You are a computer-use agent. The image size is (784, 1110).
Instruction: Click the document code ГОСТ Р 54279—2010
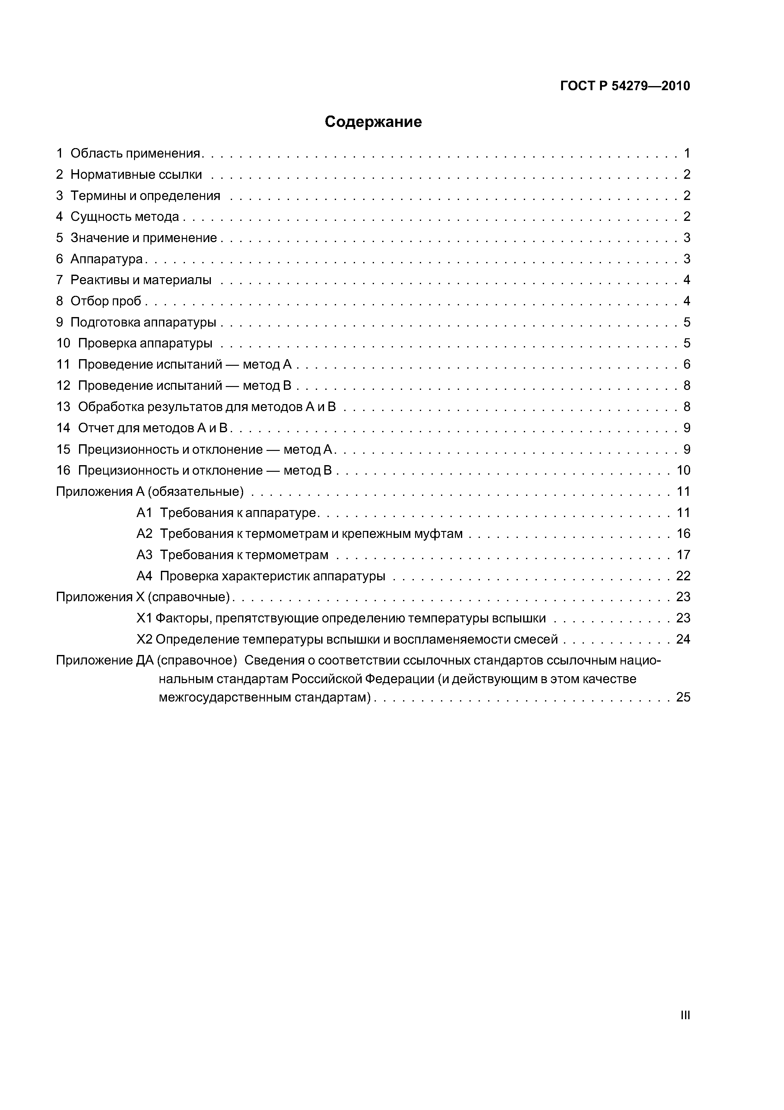point(625,86)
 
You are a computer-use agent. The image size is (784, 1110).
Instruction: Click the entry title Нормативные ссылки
point(136,175)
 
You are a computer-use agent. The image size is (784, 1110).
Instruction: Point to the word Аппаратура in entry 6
point(107,259)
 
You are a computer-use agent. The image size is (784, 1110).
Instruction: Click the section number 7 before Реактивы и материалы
point(59,280)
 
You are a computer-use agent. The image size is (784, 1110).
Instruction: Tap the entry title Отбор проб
point(106,301)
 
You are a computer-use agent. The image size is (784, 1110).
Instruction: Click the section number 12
point(63,386)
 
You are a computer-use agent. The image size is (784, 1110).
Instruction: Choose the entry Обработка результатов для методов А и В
point(207,407)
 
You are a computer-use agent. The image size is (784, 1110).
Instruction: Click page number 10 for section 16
point(683,471)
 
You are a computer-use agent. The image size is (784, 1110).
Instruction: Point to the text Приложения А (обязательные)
point(150,492)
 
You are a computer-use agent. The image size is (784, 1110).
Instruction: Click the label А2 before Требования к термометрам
point(144,534)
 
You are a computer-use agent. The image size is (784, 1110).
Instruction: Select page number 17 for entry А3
point(683,555)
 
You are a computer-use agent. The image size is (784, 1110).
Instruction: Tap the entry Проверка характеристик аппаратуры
point(273,576)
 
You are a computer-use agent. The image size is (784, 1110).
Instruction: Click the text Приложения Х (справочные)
point(143,597)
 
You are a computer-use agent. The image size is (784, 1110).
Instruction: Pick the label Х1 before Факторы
point(144,618)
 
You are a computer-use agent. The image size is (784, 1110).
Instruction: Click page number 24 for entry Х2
point(683,639)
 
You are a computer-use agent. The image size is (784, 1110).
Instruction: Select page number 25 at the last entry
point(683,697)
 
